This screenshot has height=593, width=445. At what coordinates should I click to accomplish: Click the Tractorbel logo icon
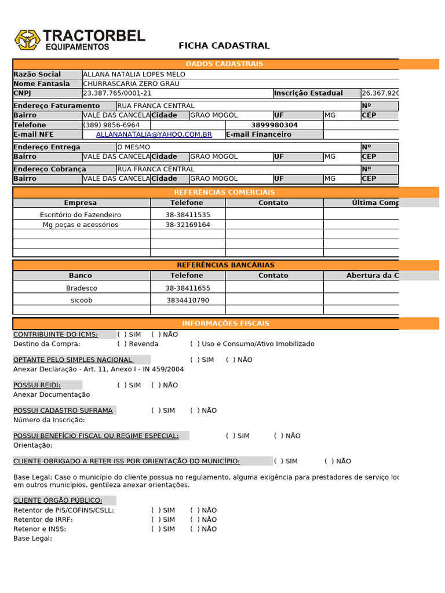(27, 40)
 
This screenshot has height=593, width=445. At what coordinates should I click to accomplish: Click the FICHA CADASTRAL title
(224, 46)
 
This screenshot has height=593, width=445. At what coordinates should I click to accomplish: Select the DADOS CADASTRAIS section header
(224, 64)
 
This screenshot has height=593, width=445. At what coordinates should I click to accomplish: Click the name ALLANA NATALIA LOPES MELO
(134, 74)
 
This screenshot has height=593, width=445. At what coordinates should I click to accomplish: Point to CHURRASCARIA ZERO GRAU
(132, 83)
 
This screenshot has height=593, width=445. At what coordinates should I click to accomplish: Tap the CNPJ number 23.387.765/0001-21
(118, 93)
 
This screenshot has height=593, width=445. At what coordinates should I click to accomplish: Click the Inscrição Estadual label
(308, 93)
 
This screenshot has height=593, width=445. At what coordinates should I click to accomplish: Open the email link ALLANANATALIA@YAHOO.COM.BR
(154, 134)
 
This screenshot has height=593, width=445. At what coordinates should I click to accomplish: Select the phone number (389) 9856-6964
(112, 125)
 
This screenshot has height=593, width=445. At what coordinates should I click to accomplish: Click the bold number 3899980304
(274, 125)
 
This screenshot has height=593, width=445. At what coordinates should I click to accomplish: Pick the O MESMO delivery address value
(134, 147)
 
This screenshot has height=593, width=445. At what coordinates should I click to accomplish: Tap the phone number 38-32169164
(188, 225)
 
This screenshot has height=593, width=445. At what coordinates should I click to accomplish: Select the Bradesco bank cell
(82, 288)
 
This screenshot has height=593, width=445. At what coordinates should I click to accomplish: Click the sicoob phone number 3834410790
(188, 301)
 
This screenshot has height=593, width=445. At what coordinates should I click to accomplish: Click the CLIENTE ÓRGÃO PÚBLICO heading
(58, 500)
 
